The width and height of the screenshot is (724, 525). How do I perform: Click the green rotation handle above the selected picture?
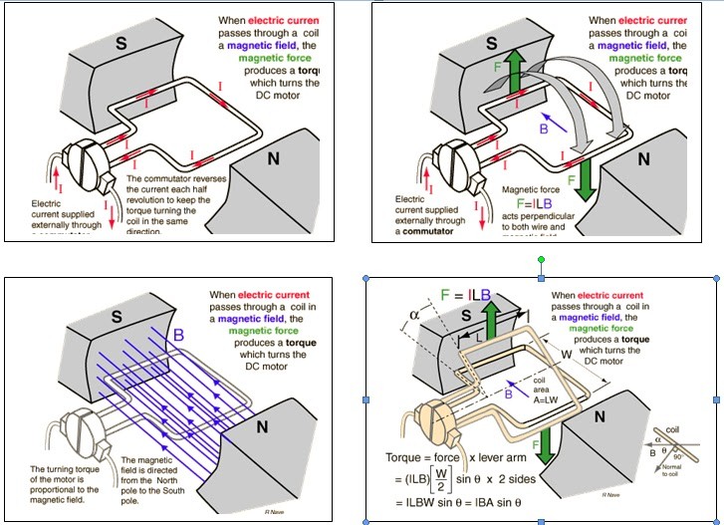pos(541,260)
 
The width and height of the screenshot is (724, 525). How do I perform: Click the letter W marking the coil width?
pos(566,352)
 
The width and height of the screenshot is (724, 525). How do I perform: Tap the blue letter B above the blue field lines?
pos(179,334)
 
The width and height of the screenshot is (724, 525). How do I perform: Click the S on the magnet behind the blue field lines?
pos(117,317)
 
